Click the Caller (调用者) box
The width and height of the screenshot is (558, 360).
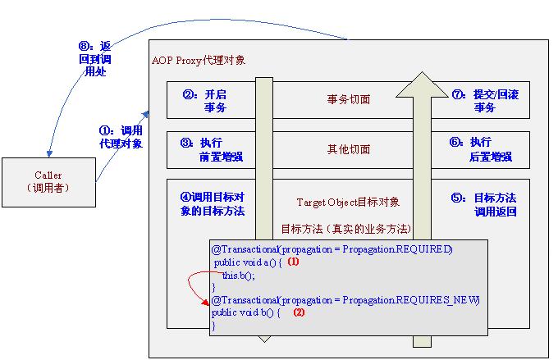[48, 181]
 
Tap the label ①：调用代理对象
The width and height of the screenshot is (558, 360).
[119, 136]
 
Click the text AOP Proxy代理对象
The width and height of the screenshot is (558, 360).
[199, 60]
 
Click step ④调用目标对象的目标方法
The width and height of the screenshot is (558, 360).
[211, 204]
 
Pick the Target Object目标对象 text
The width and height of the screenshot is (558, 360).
[348, 201]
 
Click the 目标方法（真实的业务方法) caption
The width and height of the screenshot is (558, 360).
[345, 228]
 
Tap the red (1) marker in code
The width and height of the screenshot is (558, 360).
[293, 262]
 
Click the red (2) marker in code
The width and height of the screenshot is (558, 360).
[299, 312]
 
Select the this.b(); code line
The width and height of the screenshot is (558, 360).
[239, 276]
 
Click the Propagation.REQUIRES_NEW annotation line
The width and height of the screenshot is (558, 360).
[345, 301]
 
